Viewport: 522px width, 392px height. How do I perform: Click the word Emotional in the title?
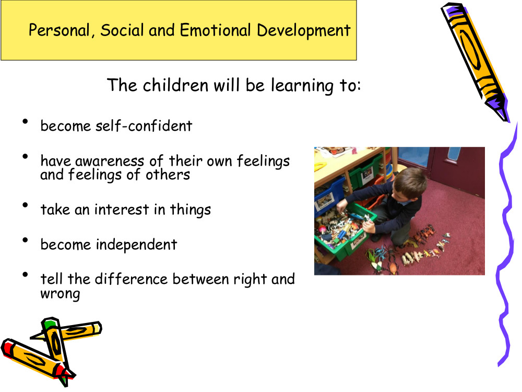tap(215, 30)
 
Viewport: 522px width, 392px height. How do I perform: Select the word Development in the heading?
tap(304, 31)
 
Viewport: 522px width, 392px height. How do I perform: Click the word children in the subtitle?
tap(175, 85)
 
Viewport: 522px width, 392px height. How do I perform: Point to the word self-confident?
tap(144, 126)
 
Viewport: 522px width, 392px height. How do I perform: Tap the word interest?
tap(122, 210)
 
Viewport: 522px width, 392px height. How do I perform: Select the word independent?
tap(136, 245)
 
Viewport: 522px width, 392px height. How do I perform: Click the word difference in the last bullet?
tap(131, 279)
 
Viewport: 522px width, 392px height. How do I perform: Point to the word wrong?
tap(60, 294)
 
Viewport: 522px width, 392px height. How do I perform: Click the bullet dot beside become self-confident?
tap(25, 122)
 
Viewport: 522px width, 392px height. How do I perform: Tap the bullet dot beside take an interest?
tap(25, 205)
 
